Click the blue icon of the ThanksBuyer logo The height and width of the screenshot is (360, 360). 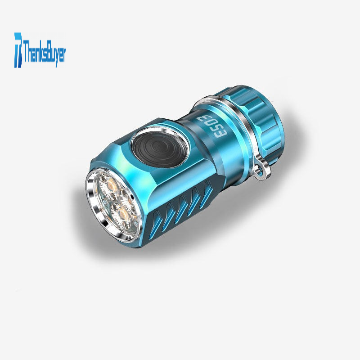[18, 50]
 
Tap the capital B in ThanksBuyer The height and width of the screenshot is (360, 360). [47, 52]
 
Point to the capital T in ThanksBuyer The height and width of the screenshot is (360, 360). [26, 51]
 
